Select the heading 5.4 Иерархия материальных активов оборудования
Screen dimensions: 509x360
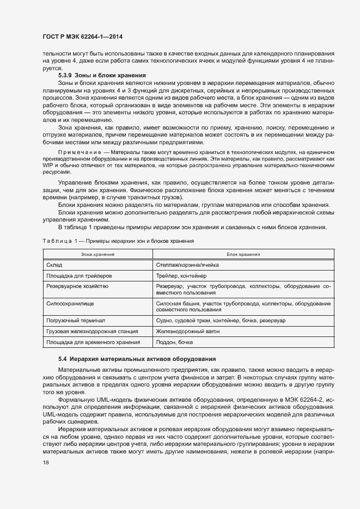pyautogui.click(x=137, y=359)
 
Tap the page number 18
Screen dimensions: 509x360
pyautogui.click(x=45, y=462)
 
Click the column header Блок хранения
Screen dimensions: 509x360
pyautogui.click(x=243, y=254)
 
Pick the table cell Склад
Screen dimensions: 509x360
pyautogui.click(x=54, y=265)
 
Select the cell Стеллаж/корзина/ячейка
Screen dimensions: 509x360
pyautogui.click(x=188, y=265)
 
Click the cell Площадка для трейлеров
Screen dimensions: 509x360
pyautogui.click(x=79, y=275)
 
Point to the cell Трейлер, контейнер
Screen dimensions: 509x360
pyautogui.click(x=180, y=275)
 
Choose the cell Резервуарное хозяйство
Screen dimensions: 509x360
pyautogui.click(x=78, y=286)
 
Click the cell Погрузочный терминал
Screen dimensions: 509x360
pyautogui.click(x=75, y=321)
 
